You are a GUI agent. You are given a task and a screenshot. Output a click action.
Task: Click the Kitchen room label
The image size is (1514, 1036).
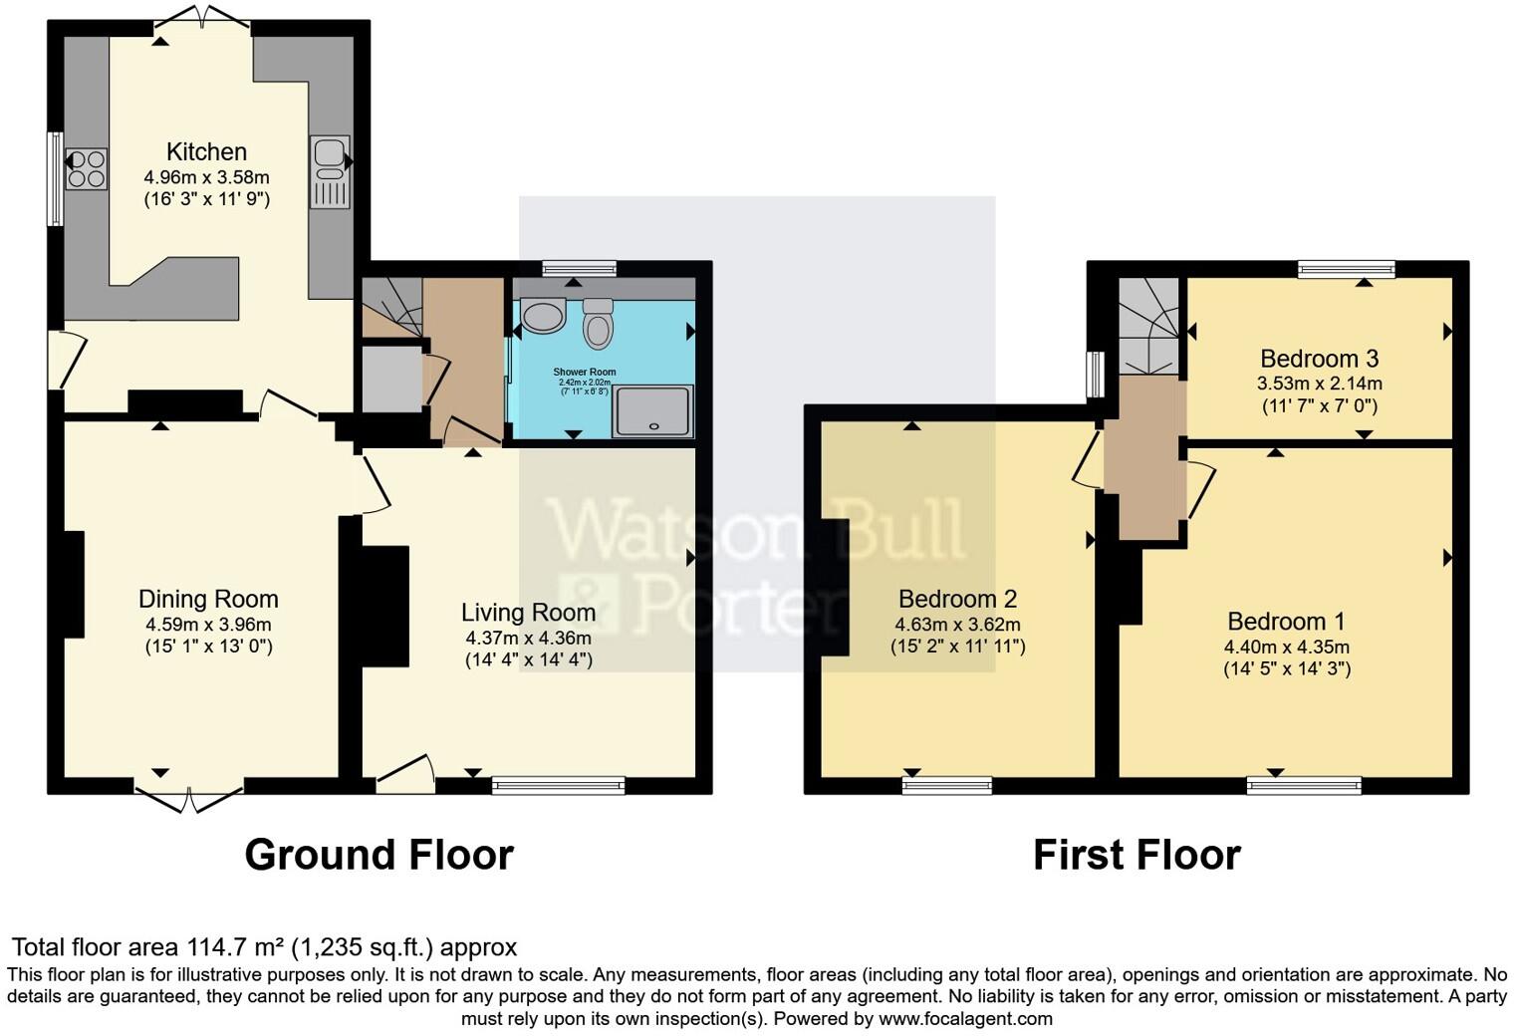206,151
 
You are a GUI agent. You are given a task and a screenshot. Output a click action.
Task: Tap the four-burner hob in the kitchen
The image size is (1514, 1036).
87,168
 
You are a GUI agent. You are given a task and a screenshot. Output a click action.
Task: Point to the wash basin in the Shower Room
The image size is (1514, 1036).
543,317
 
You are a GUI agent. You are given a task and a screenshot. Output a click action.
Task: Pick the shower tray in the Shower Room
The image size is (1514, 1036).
652,411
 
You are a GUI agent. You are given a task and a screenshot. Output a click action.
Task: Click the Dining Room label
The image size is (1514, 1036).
208,599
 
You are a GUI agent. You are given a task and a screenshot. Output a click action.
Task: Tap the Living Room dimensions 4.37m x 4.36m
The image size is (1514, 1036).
528,638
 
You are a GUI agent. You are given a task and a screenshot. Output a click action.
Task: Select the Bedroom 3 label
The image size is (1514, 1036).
1319,359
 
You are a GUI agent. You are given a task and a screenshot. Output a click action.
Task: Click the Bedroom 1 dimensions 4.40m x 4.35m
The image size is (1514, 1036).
1286,647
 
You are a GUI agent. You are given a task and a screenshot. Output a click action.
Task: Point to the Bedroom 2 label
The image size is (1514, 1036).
957,599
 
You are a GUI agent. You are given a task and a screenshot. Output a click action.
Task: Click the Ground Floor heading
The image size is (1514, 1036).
378,855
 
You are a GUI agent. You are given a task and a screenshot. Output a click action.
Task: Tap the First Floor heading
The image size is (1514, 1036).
1136,855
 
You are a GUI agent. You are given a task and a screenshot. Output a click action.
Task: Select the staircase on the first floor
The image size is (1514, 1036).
1148,325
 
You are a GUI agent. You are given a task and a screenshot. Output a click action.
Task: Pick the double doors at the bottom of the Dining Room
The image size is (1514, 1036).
189,797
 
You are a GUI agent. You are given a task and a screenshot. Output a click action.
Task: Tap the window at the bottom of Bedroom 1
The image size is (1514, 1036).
1304,786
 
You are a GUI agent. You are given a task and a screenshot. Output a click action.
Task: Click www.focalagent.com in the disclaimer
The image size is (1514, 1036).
965,1018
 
